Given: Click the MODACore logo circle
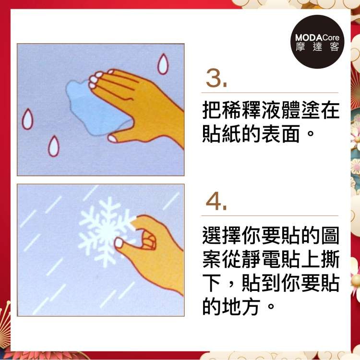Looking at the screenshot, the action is tap(318, 42).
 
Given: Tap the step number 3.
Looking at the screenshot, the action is tap(216, 78).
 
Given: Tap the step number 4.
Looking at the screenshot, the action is tap(216, 201).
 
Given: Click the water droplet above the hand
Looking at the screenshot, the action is tap(163, 64).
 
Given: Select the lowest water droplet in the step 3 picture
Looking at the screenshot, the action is tap(54, 146).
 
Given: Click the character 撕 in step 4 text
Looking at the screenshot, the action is tap(330, 259).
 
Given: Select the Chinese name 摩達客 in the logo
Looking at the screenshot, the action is tap(318, 47).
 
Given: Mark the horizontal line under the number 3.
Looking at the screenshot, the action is tap(270, 93).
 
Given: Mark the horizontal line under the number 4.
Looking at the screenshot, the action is tap(270, 216).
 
